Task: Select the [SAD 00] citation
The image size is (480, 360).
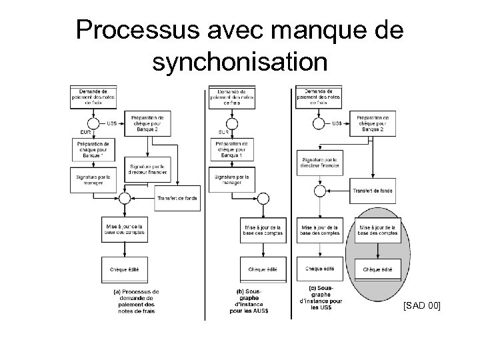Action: click(421, 306)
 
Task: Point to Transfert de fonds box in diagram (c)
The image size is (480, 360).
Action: click(373, 191)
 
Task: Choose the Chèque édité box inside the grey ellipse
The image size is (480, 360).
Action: click(377, 269)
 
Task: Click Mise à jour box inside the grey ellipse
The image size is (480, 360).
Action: click(377, 229)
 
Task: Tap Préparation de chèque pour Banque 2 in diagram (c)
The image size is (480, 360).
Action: click(373, 123)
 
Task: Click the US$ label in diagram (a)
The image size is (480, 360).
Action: click(112, 123)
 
